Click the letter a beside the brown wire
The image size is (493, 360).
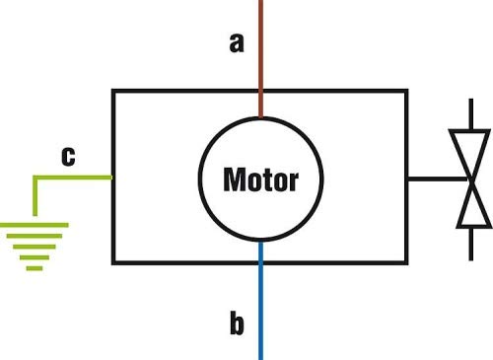pos(237,43)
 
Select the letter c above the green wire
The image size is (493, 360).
pos(68,156)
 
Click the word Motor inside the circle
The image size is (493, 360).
pos(261,180)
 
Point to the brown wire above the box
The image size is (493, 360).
pos(261,58)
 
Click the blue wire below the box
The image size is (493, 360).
pos(261,301)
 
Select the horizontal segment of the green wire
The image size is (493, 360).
pos(72,178)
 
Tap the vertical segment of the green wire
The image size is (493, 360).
pos(35,196)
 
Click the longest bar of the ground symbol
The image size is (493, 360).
pos(35,225)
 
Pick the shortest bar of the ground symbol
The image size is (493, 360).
pos(35,268)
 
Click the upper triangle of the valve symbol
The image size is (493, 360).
pos(470,154)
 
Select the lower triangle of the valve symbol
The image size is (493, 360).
pos(472,204)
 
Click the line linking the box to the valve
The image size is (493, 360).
pos(437,179)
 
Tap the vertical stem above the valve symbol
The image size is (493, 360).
pos(471,114)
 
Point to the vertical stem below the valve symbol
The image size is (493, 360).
pos(471,244)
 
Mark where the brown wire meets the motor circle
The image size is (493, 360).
pos(261,117)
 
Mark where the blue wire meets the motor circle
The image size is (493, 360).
pos(261,242)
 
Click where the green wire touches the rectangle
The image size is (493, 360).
pos(112,178)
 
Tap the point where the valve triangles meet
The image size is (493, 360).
pos(471,180)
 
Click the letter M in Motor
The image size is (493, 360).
pos(234,180)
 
